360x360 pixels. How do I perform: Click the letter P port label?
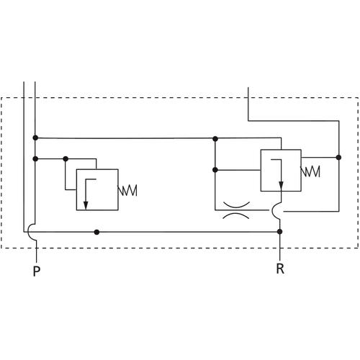pos(36,271)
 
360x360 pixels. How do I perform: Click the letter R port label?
pos(280,269)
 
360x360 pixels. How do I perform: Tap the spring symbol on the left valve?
pos(127,191)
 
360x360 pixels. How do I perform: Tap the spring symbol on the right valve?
pos(310,171)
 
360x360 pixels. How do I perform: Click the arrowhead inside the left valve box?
pos(86,205)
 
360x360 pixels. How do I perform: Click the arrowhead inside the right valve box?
pos(281,185)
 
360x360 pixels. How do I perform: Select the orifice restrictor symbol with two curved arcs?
pos(236,210)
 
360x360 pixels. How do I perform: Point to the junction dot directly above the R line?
pos(279,232)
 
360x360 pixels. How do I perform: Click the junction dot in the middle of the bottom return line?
pos(96,232)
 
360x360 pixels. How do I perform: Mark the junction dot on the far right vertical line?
pos(338,158)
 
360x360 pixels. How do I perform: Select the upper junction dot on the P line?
pos(35,138)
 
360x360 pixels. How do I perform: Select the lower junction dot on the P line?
pos(35,158)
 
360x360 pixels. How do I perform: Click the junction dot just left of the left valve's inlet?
pos(66,158)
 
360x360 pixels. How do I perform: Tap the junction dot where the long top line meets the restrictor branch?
pos(215,139)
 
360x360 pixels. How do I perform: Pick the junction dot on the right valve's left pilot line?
pos(215,170)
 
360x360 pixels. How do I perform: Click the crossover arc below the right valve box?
pos(273,211)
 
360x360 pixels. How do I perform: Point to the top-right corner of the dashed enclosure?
pos(359,98)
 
